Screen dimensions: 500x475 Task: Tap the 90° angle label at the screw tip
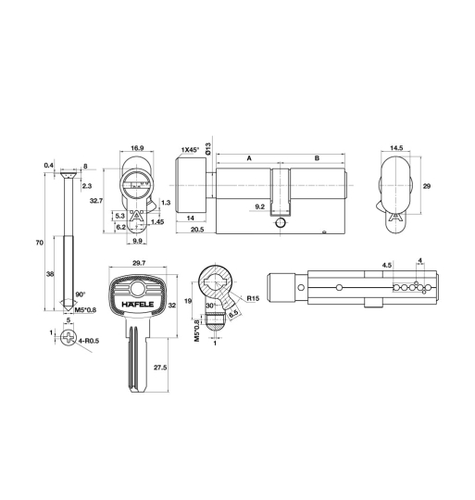click(79, 294)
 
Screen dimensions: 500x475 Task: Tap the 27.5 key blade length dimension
click(160, 368)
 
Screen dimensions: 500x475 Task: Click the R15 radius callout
click(252, 297)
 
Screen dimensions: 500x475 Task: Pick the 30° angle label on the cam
click(210, 306)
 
